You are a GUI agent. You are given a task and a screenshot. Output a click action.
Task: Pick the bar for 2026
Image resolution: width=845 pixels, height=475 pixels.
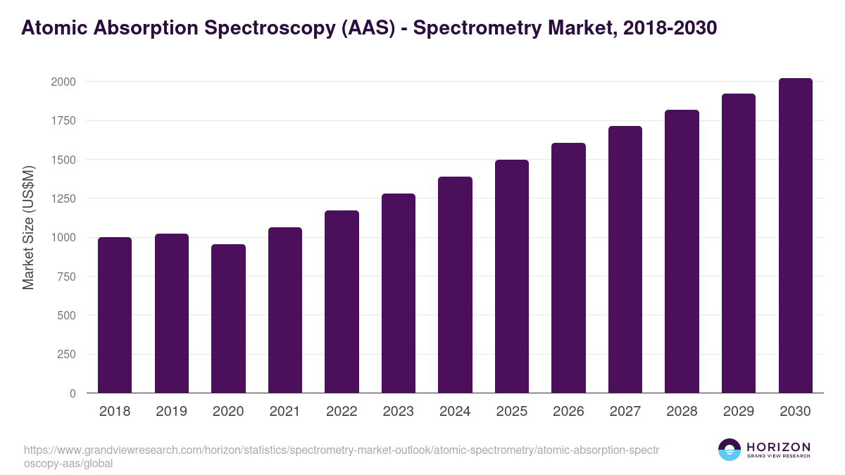pos(568,268)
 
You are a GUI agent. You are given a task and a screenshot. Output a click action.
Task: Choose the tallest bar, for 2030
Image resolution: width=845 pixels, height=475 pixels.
pos(795,236)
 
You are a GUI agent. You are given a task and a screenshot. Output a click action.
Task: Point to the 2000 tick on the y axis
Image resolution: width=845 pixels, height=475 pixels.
pos(63,82)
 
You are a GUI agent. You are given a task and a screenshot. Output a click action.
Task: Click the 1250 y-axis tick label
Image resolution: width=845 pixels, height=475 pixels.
pos(63,198)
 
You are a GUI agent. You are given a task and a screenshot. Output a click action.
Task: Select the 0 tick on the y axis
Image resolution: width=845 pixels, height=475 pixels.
pos(73,393)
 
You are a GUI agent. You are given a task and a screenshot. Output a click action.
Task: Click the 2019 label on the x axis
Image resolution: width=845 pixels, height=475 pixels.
pos(172,412)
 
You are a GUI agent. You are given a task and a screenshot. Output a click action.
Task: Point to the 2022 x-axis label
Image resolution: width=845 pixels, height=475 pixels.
pos(342,412)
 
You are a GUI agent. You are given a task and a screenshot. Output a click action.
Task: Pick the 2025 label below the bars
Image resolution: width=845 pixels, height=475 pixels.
pos(511,412)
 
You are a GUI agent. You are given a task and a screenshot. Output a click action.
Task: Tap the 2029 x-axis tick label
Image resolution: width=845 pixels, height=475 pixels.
pos(739,412)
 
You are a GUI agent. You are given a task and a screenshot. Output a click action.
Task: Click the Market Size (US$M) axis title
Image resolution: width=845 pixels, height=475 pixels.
pos(28,228)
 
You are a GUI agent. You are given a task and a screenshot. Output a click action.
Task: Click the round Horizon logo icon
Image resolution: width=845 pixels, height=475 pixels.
pos(730,450)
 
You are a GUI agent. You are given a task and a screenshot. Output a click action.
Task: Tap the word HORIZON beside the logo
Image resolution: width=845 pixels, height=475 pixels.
pos(779,447)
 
